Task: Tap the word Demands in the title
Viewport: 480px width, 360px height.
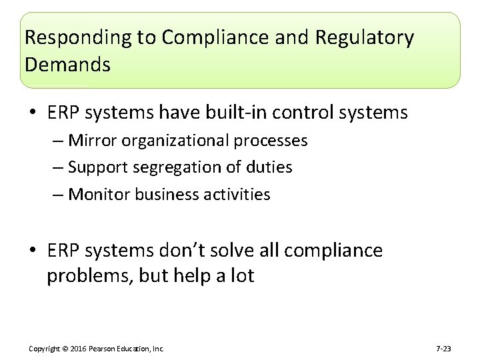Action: pos(67,65)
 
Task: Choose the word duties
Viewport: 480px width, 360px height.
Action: pos(269,167)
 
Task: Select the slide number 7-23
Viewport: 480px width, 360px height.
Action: pos(443,349)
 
